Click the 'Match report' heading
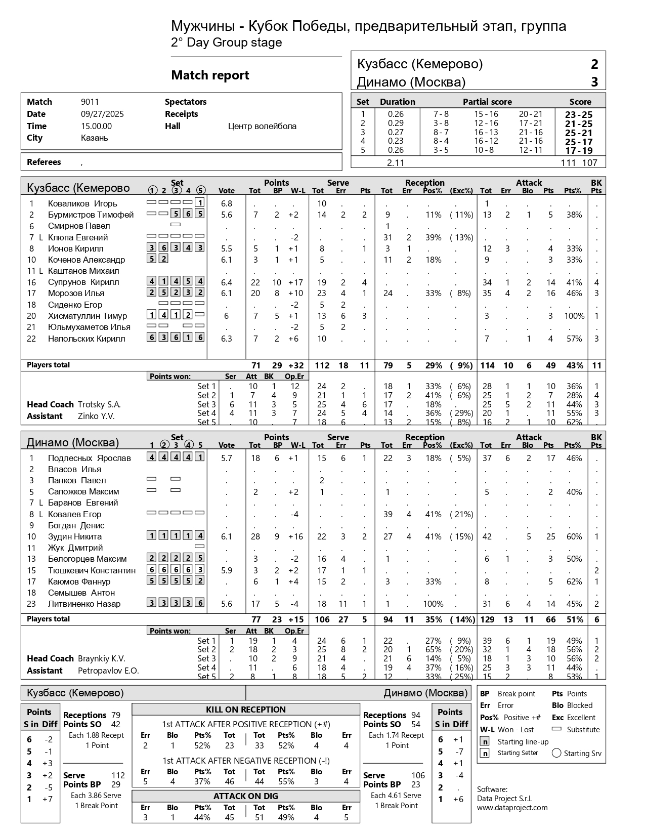point(210,75)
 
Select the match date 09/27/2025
point(102,114)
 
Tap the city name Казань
point(94,138)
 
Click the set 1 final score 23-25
point(578,115)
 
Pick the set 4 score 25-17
point(578,142)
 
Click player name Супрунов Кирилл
point(83,282)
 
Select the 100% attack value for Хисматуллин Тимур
point(574,316)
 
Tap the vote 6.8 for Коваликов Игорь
point(226,203)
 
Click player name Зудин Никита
point(75,536)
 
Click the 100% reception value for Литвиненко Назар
point(433,604)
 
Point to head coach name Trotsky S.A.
point(99,404)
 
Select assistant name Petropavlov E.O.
point(108,671)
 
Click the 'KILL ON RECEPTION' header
point(246,709)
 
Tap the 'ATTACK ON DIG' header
point(246,796)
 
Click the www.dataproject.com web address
point(512,808)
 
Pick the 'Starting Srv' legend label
point(583,753)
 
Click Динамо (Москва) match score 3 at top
point(594,82)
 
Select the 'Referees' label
point(44,162)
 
